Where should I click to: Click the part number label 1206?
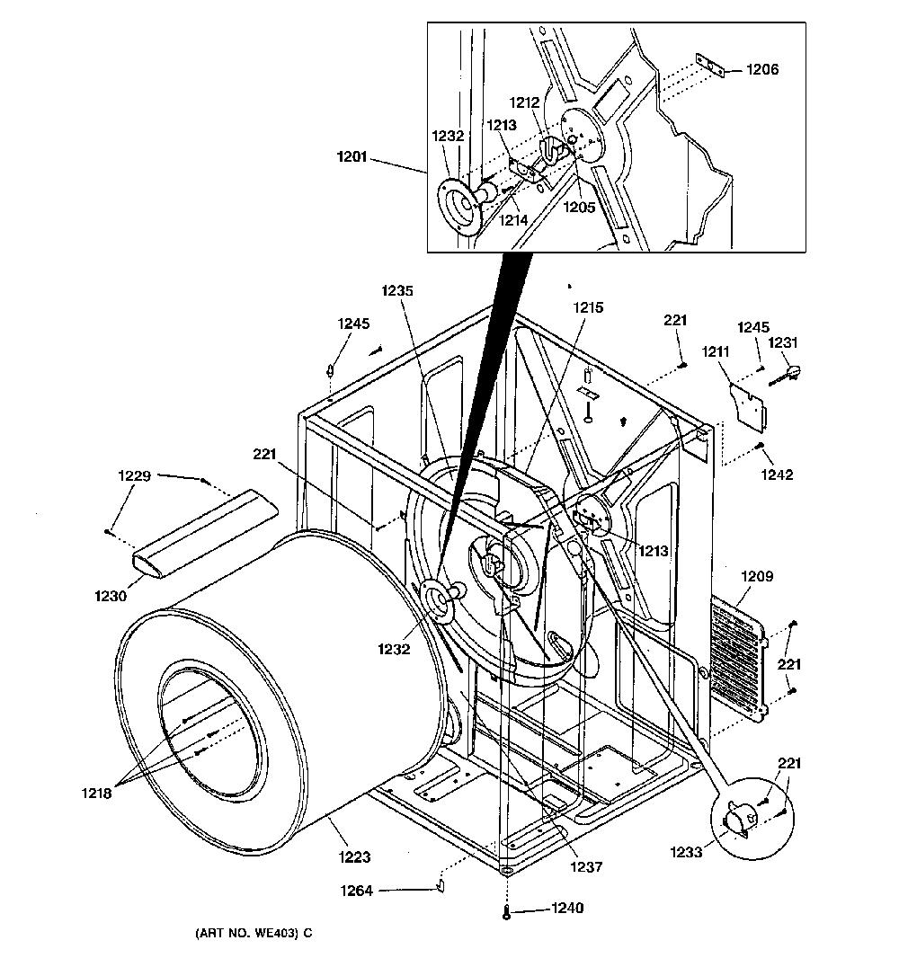762,70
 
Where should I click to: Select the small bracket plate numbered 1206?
710,66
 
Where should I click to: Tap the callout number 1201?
352,157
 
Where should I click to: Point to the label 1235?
397,291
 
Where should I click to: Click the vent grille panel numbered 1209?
740,657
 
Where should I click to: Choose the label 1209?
757,576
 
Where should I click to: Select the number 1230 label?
111,596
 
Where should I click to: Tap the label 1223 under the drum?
354,857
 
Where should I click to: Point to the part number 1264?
356,891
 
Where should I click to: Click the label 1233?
686,852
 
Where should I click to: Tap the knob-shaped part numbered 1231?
786,374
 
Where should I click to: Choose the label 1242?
777,475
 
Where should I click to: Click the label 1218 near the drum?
96,793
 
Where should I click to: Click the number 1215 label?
588,308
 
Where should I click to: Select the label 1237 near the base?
586,866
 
